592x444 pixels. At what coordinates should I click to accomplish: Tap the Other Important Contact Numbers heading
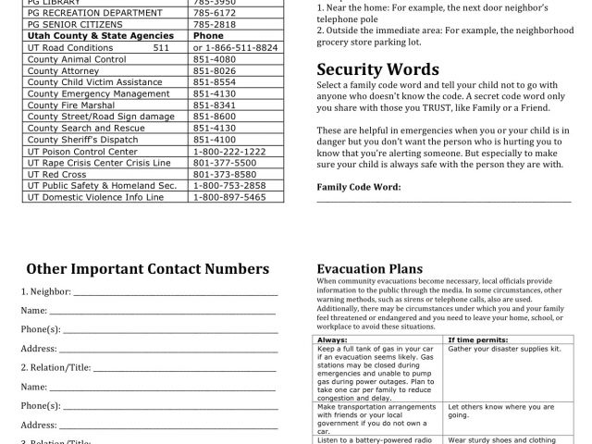[148, 269]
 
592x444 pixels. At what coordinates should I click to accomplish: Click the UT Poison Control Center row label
[82, 150]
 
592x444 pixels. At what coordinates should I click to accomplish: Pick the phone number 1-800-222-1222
[229, 150]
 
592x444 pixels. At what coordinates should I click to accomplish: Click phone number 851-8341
[215, 105]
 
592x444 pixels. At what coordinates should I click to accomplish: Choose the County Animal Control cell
[76, 59]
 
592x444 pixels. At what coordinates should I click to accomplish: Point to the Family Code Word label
[359, 186]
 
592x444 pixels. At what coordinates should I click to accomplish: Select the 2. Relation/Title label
[55, 367]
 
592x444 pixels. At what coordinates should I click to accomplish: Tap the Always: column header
[332, 340]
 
